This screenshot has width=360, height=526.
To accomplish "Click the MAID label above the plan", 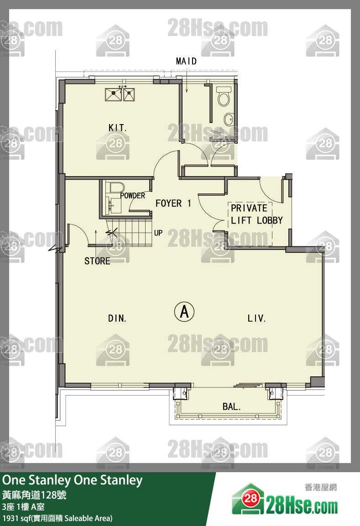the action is [x=186, y=61].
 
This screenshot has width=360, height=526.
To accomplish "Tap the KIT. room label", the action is [x=117, y=128].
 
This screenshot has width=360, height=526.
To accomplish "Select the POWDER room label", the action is [x=133, y=196].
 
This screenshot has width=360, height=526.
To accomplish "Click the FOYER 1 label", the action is [x=173, y=203].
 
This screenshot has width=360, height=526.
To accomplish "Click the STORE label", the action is [x=97, y=261].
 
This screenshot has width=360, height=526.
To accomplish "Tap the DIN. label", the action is [x=117, y=318].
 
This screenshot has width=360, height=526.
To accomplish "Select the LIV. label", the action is [x=257, y=318].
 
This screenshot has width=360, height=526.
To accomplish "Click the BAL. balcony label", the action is [x=231, y=407].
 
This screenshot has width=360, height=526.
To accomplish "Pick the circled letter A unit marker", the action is [x=184, y=312].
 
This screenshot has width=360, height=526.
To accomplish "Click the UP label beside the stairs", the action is [x=158, y=233].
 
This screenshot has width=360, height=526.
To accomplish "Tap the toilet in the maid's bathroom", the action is [x=224, y=96].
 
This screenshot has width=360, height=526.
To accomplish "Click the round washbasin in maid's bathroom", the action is [x=229, y=119].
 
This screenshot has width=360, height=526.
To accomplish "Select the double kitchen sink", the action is [x=120, y=94].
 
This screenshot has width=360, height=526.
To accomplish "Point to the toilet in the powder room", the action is [x=116, y=187].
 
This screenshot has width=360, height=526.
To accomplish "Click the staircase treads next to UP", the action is [x=129, y=233].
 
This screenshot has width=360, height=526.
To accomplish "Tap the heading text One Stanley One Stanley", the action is [x=73, y=480].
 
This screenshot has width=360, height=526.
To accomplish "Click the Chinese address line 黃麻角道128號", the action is [x=34, y=495].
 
